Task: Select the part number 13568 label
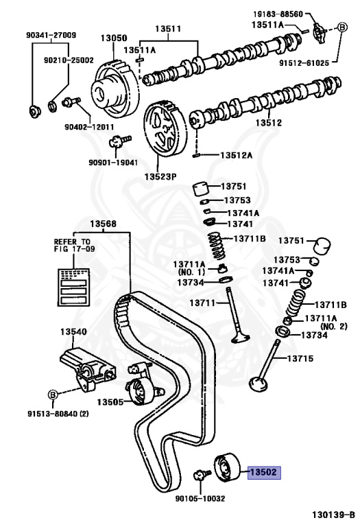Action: (x=103, y=224)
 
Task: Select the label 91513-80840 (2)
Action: (x=58, y=414)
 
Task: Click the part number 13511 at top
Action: (x=167, y=29)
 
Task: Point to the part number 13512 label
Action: (x=269, y=124)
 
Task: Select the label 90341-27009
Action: (x=51, y=35)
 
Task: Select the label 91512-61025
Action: (x=322, y=62)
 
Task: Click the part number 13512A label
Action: (x=236, y=155)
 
